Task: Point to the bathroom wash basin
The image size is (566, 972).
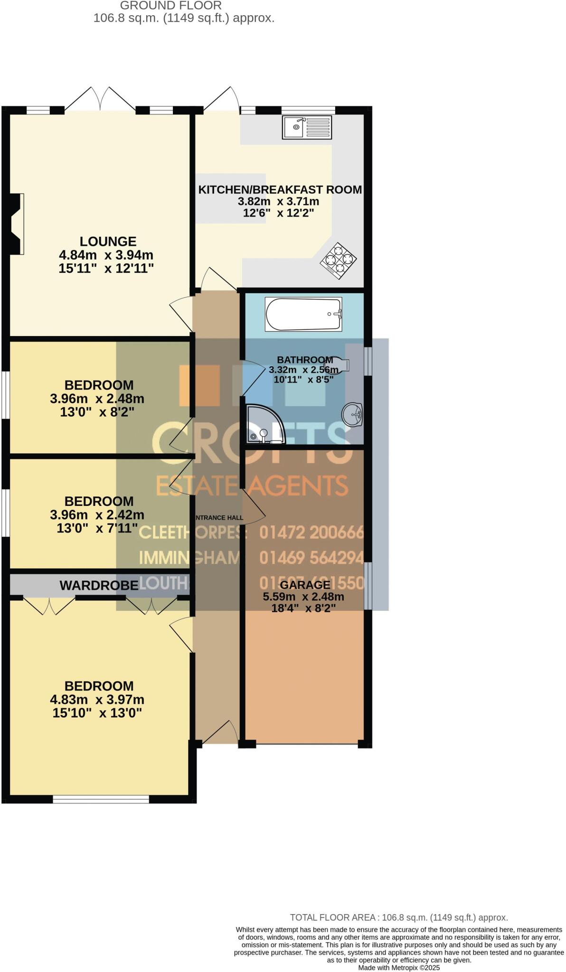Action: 352,414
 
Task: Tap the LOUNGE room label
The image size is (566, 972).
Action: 108,241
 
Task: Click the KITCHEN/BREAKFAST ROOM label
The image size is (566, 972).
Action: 280,190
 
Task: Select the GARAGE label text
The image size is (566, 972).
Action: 305,585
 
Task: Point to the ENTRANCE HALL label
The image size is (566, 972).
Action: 219,518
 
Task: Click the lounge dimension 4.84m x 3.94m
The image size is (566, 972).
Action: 106,255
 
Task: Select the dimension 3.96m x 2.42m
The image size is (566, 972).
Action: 97,514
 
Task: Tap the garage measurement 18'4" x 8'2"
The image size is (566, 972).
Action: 303,608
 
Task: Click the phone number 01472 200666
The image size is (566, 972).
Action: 311,533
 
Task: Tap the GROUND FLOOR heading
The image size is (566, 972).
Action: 170,6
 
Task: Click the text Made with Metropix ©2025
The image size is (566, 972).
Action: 399,967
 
